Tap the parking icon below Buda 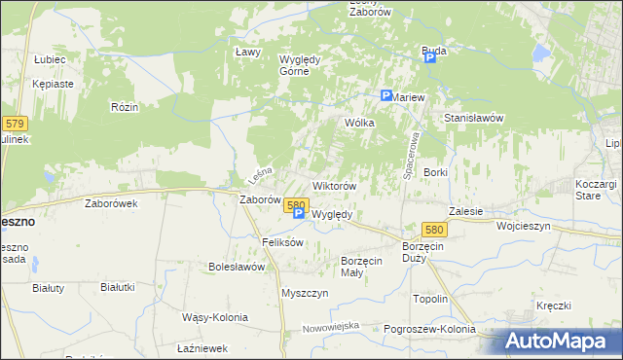(x=429, y=57)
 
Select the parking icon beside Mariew (x=385, y=96)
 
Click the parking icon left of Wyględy (x=299, y=214)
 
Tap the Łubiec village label (x=49, y=59)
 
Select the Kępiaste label (x=53, y=85)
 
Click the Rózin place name (x=124, y=106)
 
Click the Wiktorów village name (x=334, y=185)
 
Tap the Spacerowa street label (x=409, y=154)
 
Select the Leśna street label (x=258, y=175)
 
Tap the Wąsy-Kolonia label (x=215, y=317)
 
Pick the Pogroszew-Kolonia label (x=429, y=330)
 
